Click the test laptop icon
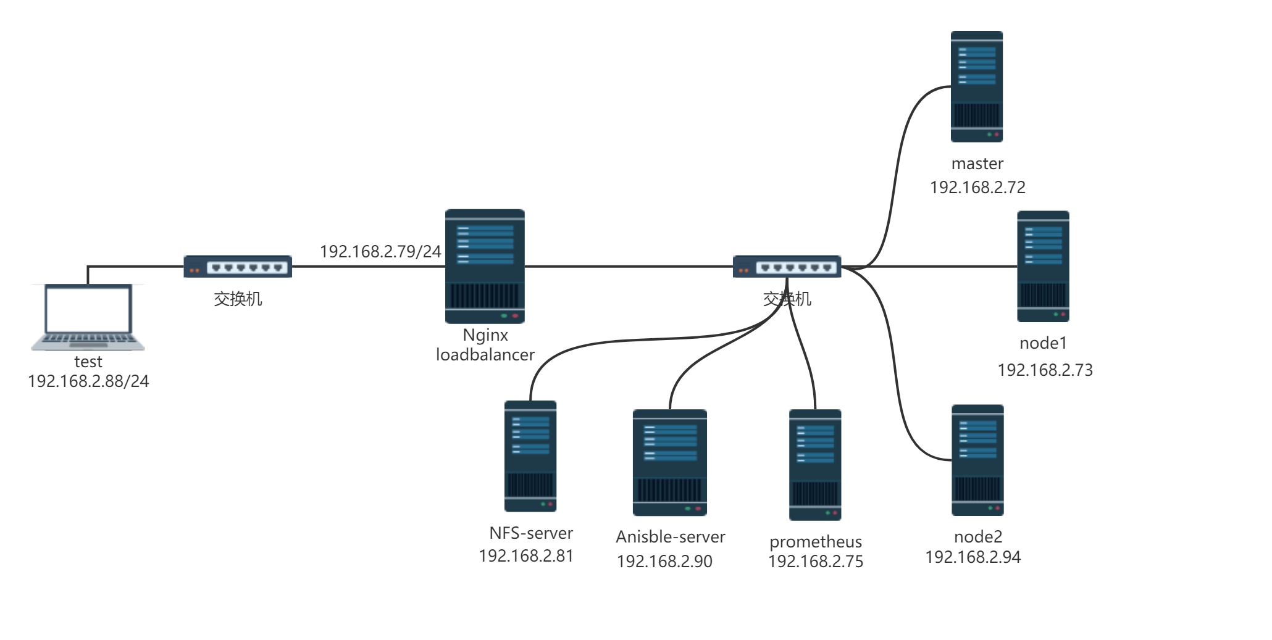click(88, 317)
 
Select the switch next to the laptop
click(238, 267)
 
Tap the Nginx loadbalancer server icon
click(485, 266)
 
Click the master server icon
click(976, 86)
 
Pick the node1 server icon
click(1043, 266)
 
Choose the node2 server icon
click(977, 460)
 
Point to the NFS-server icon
click(530, 456)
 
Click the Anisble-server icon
click(669, 462)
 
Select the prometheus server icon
click(815, 465)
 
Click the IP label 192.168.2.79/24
click(380, 251)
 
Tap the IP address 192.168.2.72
click(977, 187)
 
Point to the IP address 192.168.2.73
click(1045, 370)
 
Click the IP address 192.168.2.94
click(973, 557)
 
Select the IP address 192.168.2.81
click(526, 556)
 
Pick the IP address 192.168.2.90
click(664, 561)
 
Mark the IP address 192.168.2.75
click(815, 561)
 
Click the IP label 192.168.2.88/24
click(88, 381)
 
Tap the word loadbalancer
click(485, 355)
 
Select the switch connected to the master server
click(787, 267)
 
